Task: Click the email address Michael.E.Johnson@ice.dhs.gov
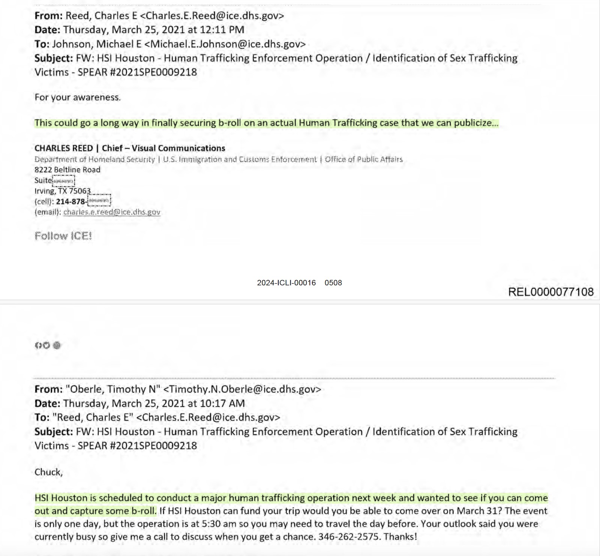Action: [225, 44]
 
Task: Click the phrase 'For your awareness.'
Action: [78, 98]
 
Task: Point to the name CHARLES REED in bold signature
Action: [64, 148]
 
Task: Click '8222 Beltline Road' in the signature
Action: [67, 170]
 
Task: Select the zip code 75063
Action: [80, 191]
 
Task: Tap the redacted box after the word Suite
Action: [63, 181]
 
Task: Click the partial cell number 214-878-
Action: [71, 201]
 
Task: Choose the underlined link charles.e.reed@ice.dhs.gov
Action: [112, 212]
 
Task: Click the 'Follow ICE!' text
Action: [63, 236]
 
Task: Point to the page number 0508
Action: [333, 283]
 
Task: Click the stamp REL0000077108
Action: [550, 292]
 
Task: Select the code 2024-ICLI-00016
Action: [286, 283]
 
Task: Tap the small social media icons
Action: [48, 345]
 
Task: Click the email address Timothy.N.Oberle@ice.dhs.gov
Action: [242, 389]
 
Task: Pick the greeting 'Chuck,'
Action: [48, 472]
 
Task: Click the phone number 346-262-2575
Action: [348, 536]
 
